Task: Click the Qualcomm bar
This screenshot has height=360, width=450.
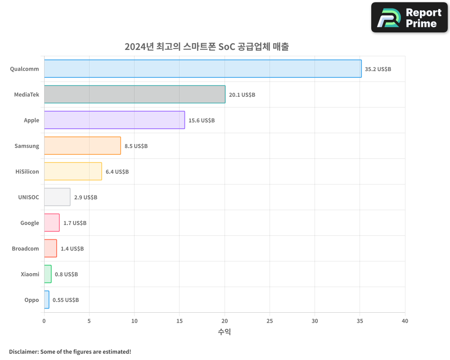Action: pos(202,69)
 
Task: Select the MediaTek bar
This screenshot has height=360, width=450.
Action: pos(135,94)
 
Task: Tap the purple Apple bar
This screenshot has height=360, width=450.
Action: pos(114,120)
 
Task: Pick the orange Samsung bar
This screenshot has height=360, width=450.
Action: pos(82,146)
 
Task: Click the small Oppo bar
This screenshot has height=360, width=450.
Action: pos(47,300)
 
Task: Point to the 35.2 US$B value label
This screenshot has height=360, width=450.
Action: pos(378,69)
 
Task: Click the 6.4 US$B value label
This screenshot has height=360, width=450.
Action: pos(117,172)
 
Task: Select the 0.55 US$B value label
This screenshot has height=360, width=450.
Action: pos(66,300)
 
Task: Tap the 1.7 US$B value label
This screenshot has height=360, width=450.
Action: pos(75,223)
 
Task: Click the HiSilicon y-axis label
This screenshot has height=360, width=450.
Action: pos(27,171)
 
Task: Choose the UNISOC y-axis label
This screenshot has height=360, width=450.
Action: pos(29,197)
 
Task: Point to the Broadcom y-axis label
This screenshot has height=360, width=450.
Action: pos(26,248)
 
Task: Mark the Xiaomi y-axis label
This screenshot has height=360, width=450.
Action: pos(30,274)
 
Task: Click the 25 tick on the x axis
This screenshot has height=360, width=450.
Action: pos(270,321)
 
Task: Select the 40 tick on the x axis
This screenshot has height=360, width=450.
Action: pos(405,321)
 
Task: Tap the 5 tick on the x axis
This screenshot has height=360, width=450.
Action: pos(89,321)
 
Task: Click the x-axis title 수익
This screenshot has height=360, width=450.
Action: pos(225,332)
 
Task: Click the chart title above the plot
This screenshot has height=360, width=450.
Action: pos(207,47)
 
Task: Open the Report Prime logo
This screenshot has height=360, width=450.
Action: pos(409,18)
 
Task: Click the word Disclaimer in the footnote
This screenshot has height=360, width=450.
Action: pos(23,351)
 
